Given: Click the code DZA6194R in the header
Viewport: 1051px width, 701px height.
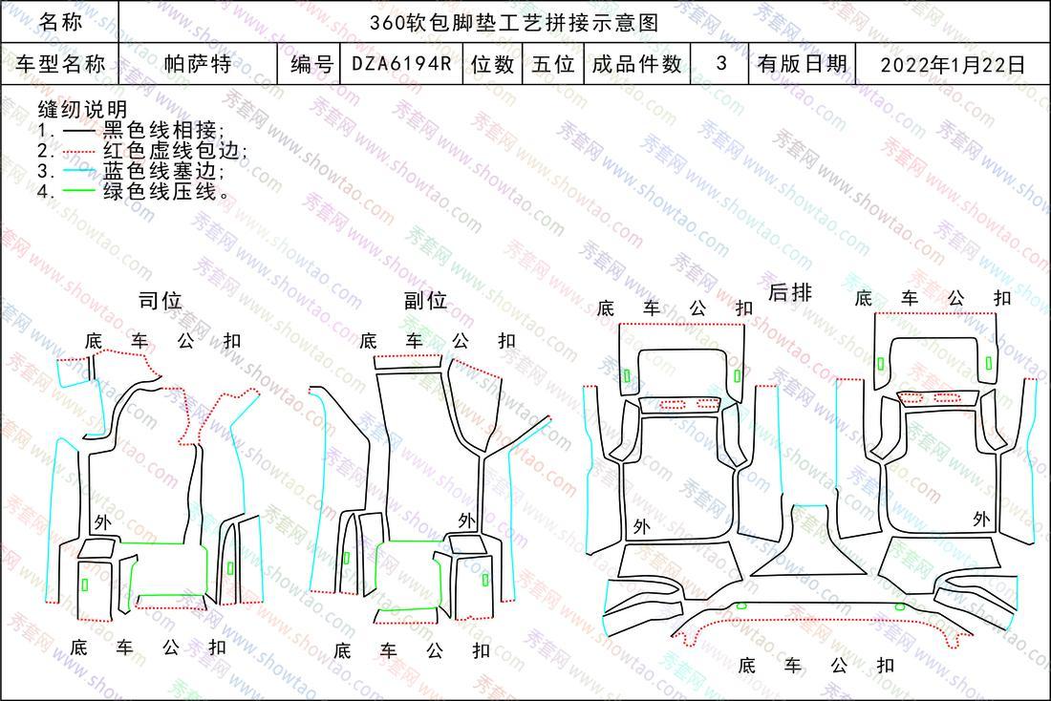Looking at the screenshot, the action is coord(401,64).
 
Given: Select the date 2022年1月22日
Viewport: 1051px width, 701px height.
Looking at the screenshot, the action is coord(953,64).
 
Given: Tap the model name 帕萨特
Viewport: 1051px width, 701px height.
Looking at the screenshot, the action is coord(198,64).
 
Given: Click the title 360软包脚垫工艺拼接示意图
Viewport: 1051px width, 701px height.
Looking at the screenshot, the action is coord(514,23).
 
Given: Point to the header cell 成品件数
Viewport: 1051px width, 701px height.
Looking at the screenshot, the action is coord(636,64).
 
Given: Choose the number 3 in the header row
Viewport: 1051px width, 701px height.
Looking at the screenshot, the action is coord(721,63).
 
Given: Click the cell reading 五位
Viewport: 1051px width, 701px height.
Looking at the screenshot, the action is coord(553,64).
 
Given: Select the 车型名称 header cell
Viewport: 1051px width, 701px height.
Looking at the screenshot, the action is coord(60,64).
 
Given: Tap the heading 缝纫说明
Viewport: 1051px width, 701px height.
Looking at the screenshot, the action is coord(82,109).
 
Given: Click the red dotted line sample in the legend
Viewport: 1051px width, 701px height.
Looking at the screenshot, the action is coord(78,152).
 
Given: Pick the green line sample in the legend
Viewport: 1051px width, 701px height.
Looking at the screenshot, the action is coord(78,192).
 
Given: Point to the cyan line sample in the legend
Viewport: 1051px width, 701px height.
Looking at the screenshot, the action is coord(78,172).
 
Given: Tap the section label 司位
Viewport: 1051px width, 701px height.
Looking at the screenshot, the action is coord(161,300).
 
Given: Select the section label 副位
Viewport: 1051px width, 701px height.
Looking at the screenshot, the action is coord(425,300).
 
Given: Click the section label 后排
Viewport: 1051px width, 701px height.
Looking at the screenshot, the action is coord(789,292).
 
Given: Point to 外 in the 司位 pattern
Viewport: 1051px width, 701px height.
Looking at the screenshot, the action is coord(102,522).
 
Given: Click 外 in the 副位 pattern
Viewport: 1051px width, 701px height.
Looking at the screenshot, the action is coord(467,520).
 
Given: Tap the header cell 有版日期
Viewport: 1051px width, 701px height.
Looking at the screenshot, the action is coord(803,64).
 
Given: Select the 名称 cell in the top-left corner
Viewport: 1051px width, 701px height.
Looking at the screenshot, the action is coord(60,22).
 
